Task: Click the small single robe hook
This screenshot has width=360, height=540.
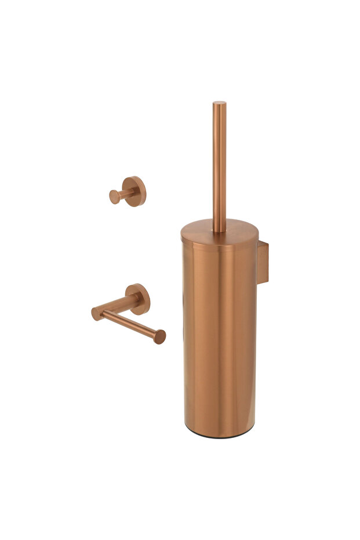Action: (x=128, y=192)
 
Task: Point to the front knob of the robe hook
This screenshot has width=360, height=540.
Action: (x=114, y=197)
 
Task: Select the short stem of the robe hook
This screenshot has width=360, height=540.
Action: (x=123, y=194)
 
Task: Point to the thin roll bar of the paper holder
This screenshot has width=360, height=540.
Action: (x=130, y=324)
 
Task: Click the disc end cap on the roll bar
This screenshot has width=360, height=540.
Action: (x=159, y=336)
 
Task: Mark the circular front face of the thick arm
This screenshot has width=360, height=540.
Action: (x=97, y=313)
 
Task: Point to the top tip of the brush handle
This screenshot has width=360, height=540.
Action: (x=219, y=104)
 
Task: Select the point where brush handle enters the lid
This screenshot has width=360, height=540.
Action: (x=219, y=230)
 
